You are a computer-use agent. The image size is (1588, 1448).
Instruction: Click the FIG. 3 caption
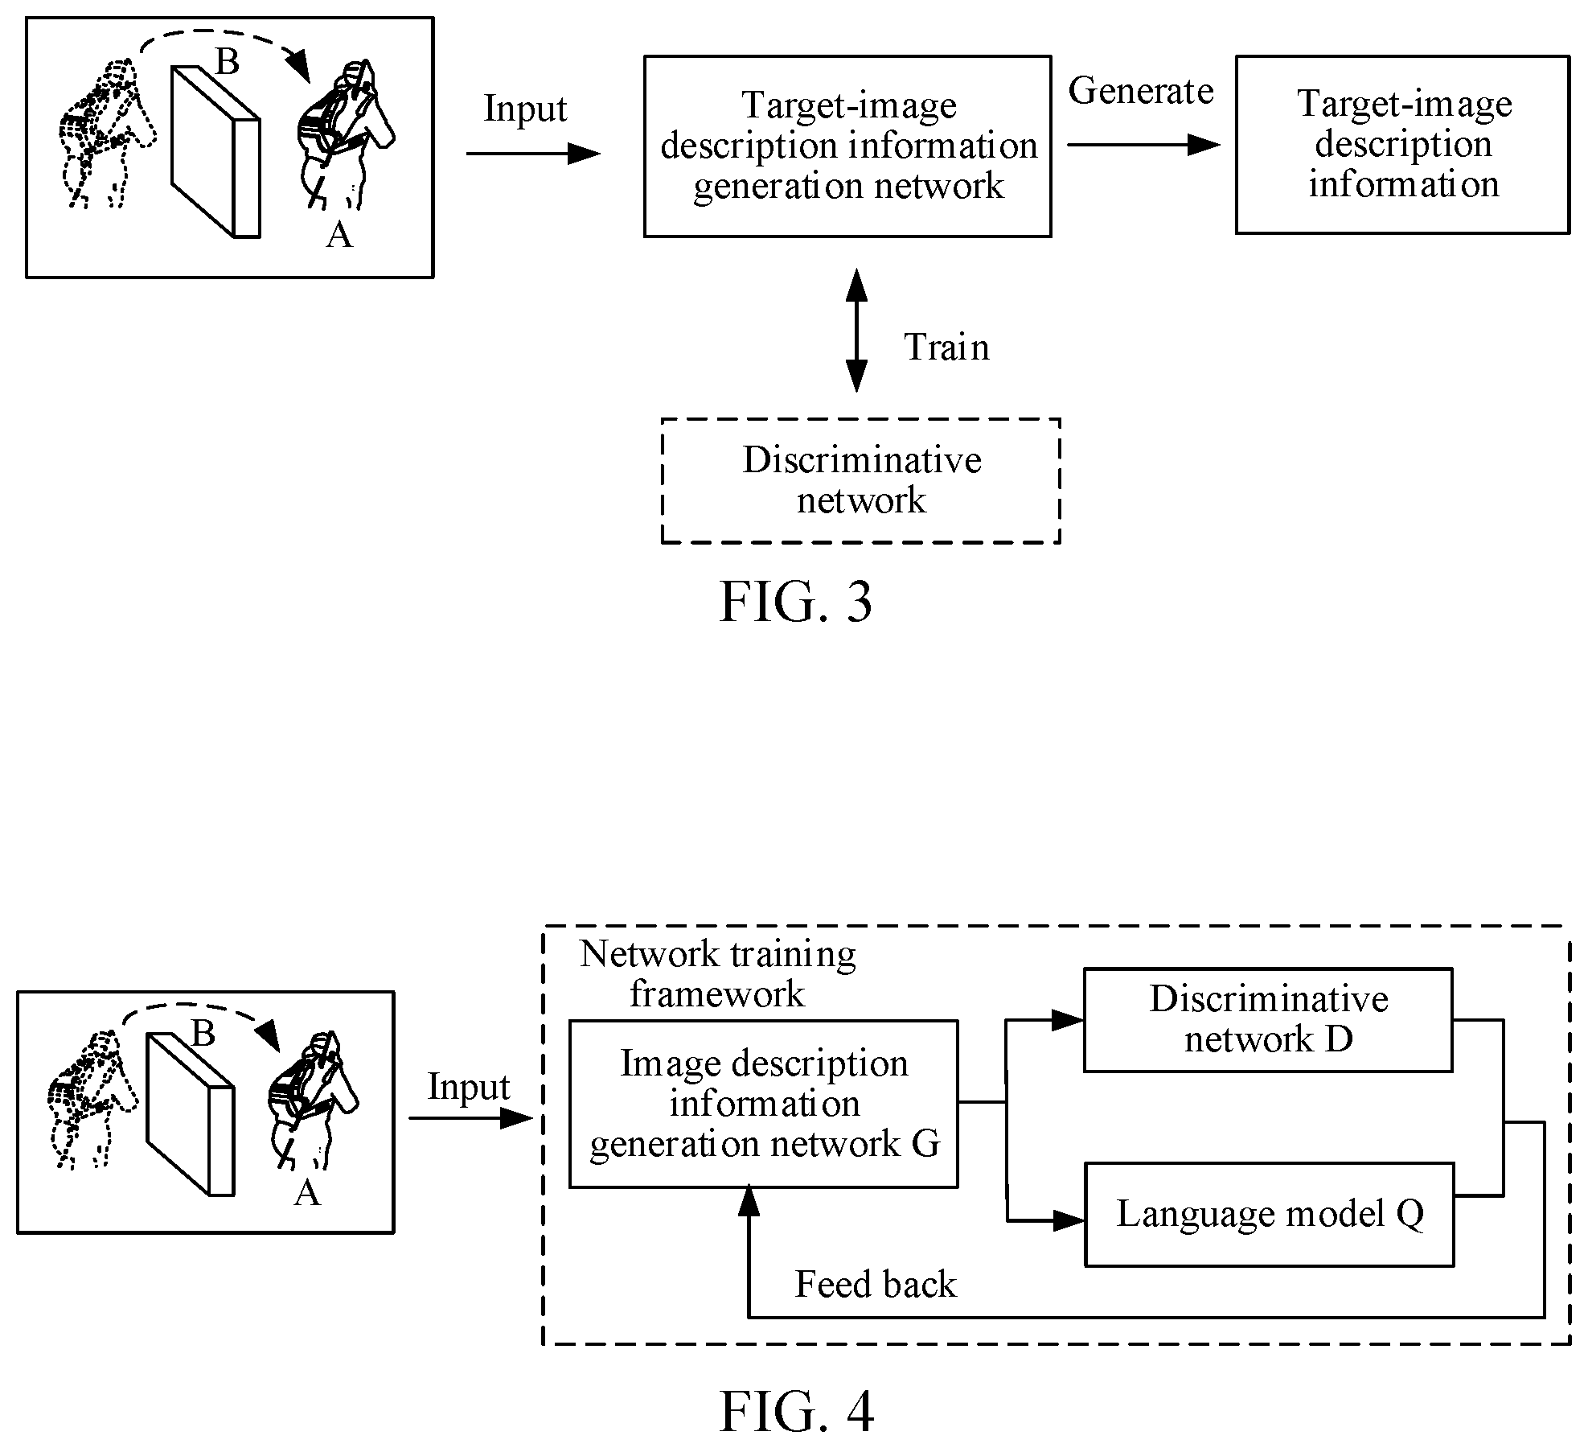795,603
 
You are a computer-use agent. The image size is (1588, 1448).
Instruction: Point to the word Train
946,347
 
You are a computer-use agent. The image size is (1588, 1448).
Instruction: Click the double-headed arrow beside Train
857,330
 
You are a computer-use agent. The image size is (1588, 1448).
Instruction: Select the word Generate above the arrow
1140,91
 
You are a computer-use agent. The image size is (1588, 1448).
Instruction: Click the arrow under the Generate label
1144,145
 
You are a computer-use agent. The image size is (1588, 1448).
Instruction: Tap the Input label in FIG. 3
525,109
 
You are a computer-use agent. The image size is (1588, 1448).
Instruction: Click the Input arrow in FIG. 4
471,1118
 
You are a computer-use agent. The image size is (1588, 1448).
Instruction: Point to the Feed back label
876,1284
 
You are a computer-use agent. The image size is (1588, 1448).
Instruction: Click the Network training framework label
718,973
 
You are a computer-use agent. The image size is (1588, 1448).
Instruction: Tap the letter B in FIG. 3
228,61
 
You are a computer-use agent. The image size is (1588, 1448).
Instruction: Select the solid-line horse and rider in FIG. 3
346,134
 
